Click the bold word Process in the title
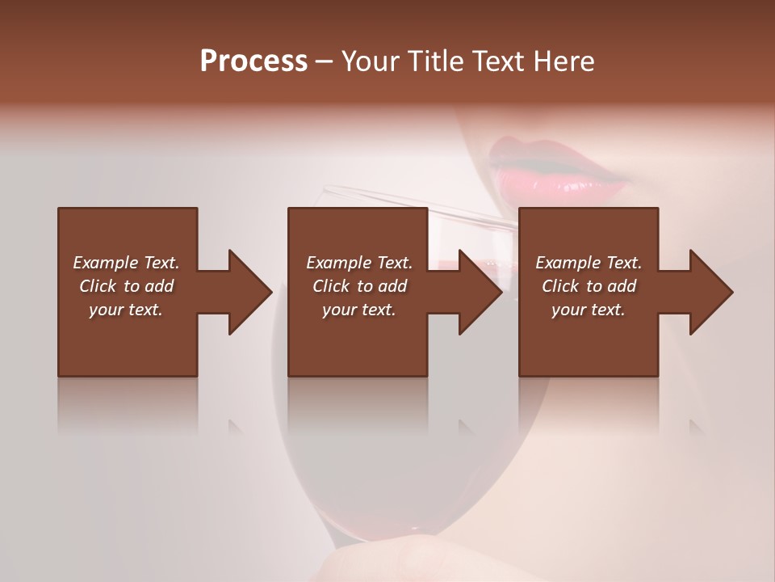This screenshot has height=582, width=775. click(x=253, y=61)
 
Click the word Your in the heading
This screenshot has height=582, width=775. click(x=370, y=61)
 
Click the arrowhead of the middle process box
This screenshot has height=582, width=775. click(x=480, y=292)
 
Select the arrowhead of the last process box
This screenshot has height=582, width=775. click(x=710, y=292)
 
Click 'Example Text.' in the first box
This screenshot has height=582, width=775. click(x=126, y=263)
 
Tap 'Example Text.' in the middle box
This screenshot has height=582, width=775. click(x=359, y=263)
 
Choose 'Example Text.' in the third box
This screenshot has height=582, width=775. click(x=589, y=263)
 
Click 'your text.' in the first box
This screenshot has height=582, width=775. click(x=126, y=310)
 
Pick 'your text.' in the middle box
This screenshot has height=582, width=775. click(x=359, y=310)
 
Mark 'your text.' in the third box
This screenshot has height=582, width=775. click(x=589, y=310)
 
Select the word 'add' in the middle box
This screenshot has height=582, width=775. click(x=392, y=286)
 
